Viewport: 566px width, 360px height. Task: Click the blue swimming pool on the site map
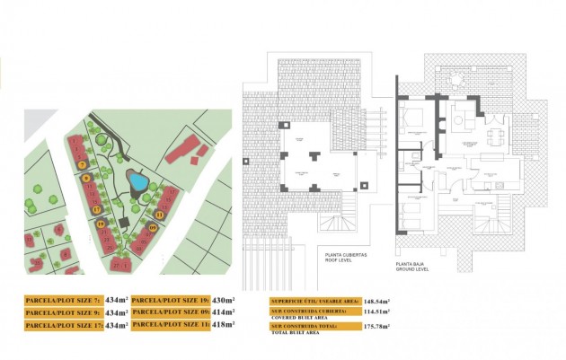137,182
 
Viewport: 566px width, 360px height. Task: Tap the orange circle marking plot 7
83,165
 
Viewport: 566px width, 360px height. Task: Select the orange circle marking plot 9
87,179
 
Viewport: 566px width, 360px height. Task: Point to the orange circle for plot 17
96,210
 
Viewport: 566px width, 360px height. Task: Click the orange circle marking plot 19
102,224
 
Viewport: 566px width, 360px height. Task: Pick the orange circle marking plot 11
160,215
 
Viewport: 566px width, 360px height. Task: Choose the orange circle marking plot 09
153,229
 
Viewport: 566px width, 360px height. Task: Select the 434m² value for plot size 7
116,299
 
